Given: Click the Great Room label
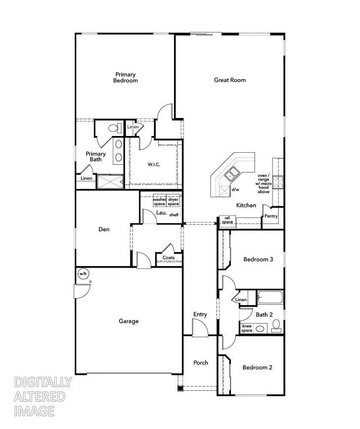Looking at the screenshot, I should (230, 80).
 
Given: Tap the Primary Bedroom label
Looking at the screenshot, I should (125, 78).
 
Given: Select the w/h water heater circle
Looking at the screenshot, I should (83, 273).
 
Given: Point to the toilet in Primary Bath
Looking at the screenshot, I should (114, 128).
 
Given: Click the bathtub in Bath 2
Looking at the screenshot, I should (270, 297).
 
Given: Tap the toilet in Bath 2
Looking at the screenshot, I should (276, 325).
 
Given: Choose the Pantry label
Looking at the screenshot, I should (271, 216).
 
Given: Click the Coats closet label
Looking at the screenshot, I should (168, 258).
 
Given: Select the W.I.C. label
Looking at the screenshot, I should (154, 165).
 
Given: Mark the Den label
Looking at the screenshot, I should (104, 229).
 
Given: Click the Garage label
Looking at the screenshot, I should (129, 321).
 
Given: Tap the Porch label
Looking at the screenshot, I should (201, 363).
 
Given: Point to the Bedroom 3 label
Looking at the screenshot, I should (258, 259).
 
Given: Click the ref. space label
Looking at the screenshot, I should (227, 220).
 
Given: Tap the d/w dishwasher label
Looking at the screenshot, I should (235, 189).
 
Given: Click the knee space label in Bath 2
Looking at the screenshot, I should (247, 328).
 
